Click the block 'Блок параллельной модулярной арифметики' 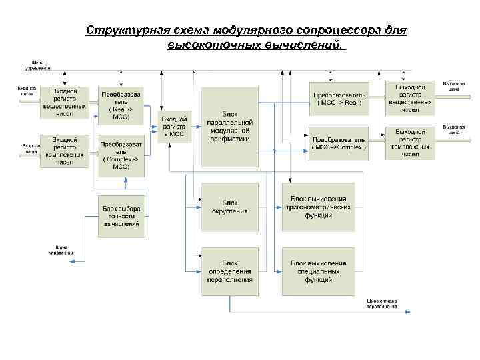click(x=229, y=127)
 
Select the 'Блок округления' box click(x=229, y=207)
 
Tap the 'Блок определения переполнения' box click(x=229, y=271)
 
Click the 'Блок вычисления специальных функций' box click(x=318, y=271)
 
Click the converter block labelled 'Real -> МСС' click(x=121, y=106)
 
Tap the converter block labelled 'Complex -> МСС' click(x=121, y=156)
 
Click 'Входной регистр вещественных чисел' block click(x=65, y=102)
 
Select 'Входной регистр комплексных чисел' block click(x=65, y=151)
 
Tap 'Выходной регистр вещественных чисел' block click(x=410, y=99)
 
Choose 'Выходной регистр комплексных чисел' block click(x=410, y=143)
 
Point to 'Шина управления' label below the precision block click(x=61, y=251)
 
